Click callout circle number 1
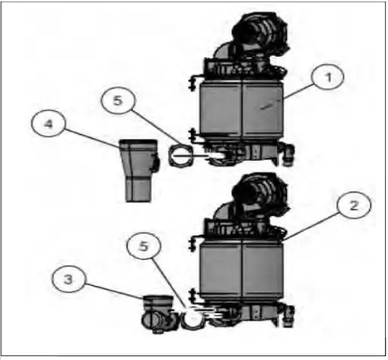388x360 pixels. pyautogui.click(x=328, y=77)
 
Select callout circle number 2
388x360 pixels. pyautogui.click(x=353, y=205)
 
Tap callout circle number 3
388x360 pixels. pyautogui.click(x=69, y=279)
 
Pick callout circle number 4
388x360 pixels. pyautogui.click(x=48, y=123)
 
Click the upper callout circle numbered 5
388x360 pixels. pyautogui.click(x=119, y=100)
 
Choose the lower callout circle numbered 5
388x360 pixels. pyautogui.click(x=143, y=246)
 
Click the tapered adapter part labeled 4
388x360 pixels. pyautogui.click(x=139, y=171)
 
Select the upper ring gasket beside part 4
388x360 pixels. pyautogui.click(x=181, y=156)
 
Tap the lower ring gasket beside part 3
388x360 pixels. pyautogui.click(x=192, y=319)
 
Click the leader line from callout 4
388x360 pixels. pyautogui.click(x=92, y=138)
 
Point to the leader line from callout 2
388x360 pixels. pyautogui.click(x=311, y=227)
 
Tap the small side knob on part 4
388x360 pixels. pyautogui.click(x=156, y=162)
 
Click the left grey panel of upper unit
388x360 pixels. pyautogui.click(x=220, y=109)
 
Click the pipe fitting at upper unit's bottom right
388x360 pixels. pyautogui.click(x=288, y=153)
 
